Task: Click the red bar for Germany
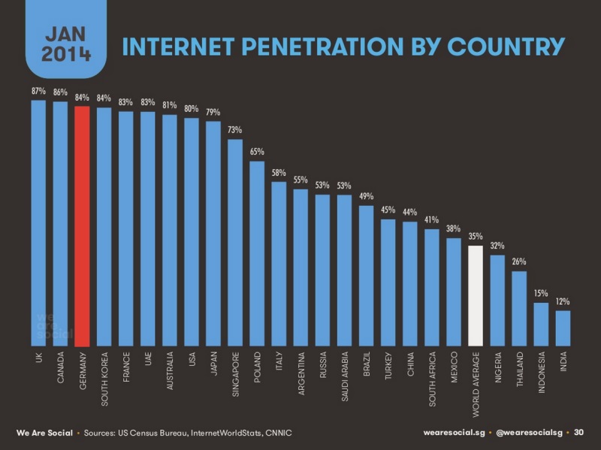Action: pyautogui.click(x=82, y=225)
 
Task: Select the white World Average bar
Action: pyautogui.click(x=475, y=296)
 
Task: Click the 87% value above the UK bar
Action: pyautogui.click(x=38, y=91)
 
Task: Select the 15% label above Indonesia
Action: pyautogui.click(x=541, y=293)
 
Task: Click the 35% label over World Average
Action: pyautogui.click(x=475, y=236)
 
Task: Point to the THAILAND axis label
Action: pyautogui.click(x=519, y=369)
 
